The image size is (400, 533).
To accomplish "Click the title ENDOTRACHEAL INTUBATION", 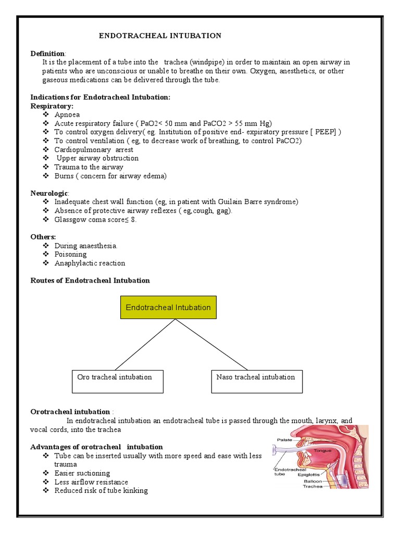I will click(x=160, y=35).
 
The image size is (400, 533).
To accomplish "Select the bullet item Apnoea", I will click(x=67, y=115).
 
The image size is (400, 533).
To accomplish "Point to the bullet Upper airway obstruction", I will click(x=97, y=158).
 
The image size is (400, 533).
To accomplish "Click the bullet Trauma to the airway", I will click(x=89, y=167).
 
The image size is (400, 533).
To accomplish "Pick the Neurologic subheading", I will click(x=49, y=193).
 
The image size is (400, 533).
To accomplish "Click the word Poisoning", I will click(x=70, y=254).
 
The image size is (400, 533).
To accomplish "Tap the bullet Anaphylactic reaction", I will click(x=90, y=263).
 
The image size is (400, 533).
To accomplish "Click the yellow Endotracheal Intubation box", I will click(x=168, y=307).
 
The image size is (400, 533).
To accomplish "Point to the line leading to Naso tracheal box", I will click(x=211, y=344).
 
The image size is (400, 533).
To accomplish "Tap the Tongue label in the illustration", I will click(x=322, y=450).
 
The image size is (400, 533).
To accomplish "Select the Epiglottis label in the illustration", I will click(x=308, y=475).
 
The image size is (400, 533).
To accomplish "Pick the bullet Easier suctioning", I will click(x=82, y=473).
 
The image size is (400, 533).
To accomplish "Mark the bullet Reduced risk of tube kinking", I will click(x=101, y=490).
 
